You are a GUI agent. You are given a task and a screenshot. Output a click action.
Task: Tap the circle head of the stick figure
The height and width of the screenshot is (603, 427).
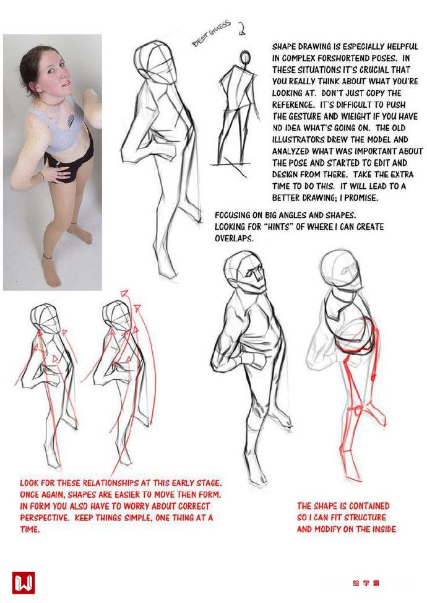pos(245,58)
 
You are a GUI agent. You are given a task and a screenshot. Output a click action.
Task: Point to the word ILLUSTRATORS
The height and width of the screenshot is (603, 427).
pos(298,139)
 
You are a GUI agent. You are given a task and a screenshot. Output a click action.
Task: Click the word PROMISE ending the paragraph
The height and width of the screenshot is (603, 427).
pos(363,197)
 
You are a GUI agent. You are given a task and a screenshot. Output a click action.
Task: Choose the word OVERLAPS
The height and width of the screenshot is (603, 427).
pos(234,238)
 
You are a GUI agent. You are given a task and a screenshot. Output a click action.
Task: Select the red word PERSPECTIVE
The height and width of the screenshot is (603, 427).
pos(45,518)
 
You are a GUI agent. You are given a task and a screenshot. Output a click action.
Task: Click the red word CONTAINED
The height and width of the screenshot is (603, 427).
pos(369,506)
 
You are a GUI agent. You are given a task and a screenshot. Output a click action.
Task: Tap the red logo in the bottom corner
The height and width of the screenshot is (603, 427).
pos(24,583)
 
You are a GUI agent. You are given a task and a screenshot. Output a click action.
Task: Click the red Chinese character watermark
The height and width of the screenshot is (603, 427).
pos(366,583)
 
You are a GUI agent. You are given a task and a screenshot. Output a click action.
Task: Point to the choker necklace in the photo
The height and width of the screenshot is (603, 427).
pos(56,103)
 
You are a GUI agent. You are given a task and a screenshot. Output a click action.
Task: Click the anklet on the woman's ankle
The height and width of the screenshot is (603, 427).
pos(48,256)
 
